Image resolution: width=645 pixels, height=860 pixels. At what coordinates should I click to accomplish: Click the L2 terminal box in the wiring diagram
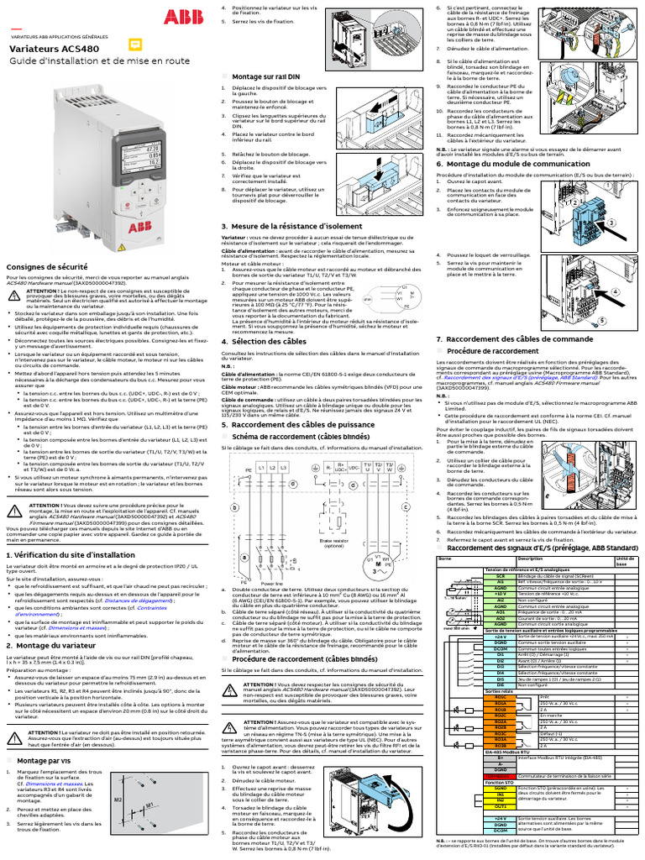(x=273, y=468)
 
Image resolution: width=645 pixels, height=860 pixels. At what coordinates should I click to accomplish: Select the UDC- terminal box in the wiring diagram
(x=355, y=467)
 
